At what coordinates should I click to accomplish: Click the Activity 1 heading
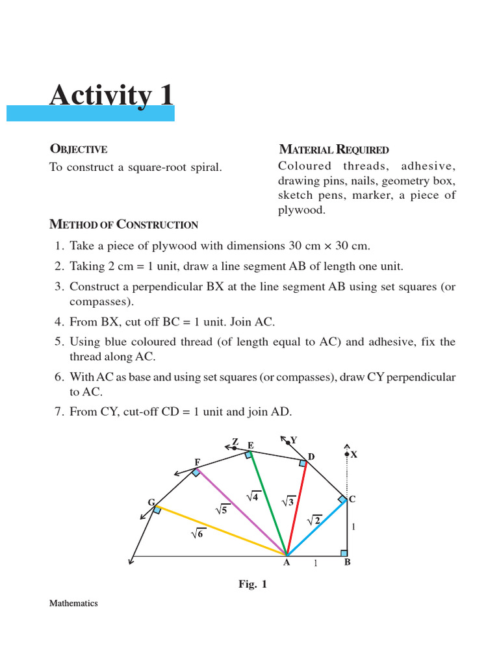coord(112,95)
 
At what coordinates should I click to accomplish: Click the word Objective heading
coord(79,149)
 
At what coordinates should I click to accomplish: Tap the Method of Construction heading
coord(123,225)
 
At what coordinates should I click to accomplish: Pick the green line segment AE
coord(267,503)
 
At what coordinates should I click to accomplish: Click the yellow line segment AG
coord(221,531)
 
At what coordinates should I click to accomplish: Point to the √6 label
coord(197,534)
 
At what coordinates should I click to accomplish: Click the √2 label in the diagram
coord(314,520)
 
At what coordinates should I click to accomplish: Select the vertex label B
coord(347,563)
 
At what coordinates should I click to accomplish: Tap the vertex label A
coord(286,563)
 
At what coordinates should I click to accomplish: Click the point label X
coord(354,455)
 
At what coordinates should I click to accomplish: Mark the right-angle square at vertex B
coord(343,553)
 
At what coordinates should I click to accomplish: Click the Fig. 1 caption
coord(253,584)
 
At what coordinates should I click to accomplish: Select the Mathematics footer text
coord(73,603)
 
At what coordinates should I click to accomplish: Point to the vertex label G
coord(151,503)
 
